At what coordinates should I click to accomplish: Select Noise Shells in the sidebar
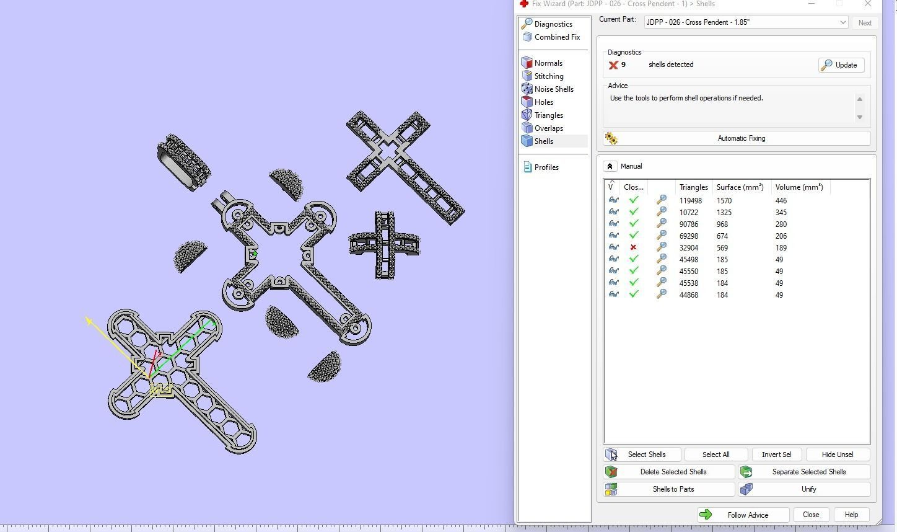pos(553,89)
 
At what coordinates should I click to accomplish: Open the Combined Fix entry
pos(556,37)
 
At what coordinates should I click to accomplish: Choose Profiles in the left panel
pos(546,167)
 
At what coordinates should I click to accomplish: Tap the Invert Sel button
pos(776,454)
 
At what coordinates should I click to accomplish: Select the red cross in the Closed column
pos(633,247)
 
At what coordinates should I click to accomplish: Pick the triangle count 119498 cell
pos(691,201)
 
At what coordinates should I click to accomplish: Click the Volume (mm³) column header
pos(799,187)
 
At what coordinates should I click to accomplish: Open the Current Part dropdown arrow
pos(842,22)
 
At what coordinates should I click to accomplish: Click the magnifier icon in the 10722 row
pos(662,212)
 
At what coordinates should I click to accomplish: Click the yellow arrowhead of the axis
pos(89,321)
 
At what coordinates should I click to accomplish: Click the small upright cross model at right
pos(385,246)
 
